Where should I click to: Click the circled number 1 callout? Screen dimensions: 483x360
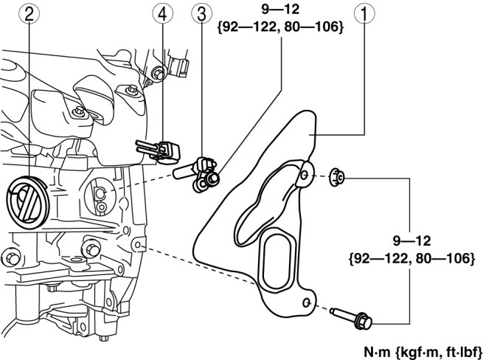(x=364, y=13)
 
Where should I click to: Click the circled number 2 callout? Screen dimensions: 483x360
(x=29, y=13)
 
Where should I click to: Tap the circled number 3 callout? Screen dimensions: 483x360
(x=202, y=13)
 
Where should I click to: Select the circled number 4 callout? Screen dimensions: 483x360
(x=163, y=13)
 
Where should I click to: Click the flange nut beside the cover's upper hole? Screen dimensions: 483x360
(x=337, y=177)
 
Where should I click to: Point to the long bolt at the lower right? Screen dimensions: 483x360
(x=351, y=318)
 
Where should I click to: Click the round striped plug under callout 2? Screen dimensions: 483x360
(x=28, y=202)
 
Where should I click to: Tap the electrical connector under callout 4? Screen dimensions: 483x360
(x=158, y=151)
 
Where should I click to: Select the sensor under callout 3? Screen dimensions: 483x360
(x=196, y=174)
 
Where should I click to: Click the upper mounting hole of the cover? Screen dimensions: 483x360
(x=304, y=176)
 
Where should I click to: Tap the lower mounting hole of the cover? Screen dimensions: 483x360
(x=307, y=302)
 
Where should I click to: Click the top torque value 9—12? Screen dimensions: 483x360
(x=280, y=10)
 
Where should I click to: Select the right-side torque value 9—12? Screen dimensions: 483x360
(x=412, y=240)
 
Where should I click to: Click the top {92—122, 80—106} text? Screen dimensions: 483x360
(x=280, y=27)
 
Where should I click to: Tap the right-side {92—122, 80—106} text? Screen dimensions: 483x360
(x=412, y=258)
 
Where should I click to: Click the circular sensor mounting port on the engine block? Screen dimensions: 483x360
(x=100, y=197)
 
